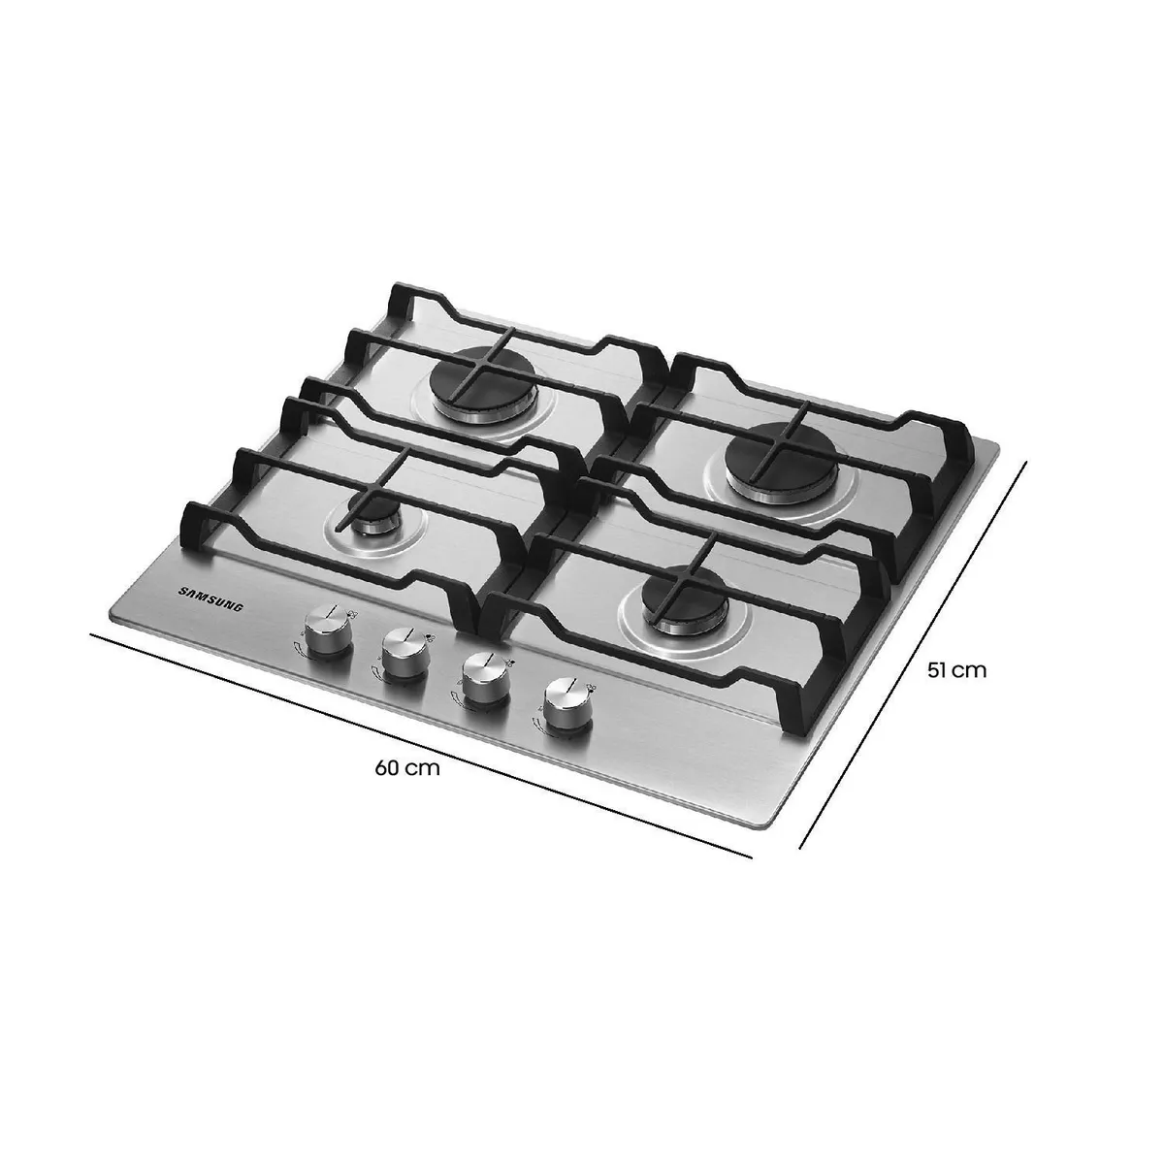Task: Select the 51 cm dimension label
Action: click(x=955, y=669)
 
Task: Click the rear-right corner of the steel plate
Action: click(x=996, y=448)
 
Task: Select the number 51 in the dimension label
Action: click(x=937, y=669)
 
